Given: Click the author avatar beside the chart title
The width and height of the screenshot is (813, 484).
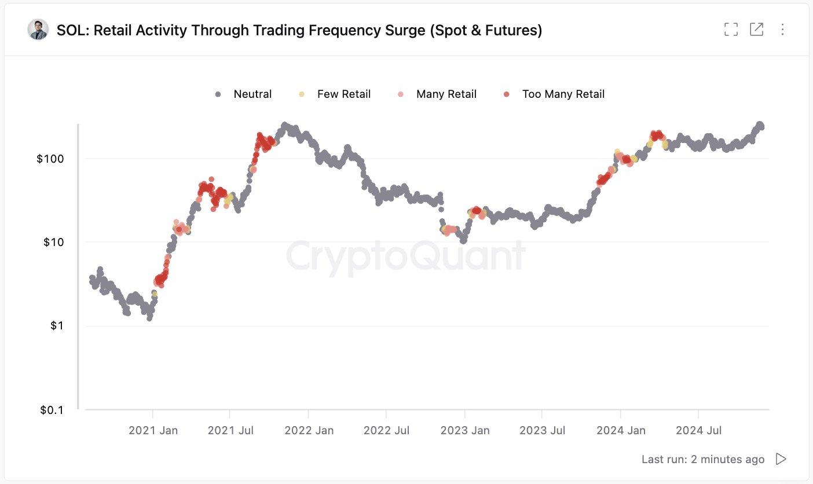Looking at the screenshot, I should click(38, 30).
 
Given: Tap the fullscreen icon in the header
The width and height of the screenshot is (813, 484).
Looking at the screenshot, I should click(731, 30).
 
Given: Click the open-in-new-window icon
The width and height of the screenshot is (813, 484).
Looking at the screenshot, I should click(756, 30).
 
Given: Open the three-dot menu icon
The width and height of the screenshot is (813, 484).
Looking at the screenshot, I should click(782, 30).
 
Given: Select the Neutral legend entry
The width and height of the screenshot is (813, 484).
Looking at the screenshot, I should click(244, 94).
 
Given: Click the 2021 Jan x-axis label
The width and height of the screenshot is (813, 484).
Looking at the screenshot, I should click(153, 430).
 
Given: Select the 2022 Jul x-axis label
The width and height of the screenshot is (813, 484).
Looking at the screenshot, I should click(386, 430).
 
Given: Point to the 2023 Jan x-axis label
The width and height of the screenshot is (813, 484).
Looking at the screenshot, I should click(464, 430).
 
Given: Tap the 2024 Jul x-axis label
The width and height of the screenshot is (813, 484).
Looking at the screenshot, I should click(698, 430).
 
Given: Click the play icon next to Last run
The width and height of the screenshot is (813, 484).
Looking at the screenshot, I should click(781, 459).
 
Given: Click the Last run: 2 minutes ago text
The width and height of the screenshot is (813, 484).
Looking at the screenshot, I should click(702, 459).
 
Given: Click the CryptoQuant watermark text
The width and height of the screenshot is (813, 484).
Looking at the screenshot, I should click(405, 256).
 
